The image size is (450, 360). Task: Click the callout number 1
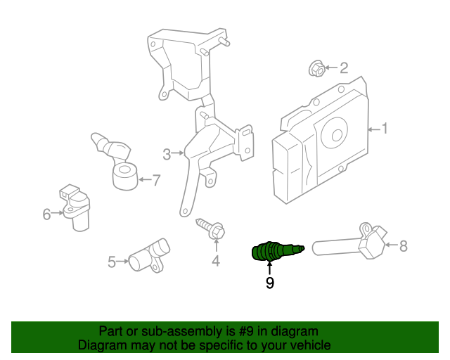[x=385, y=128]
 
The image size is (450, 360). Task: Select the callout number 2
[x=344, y=68]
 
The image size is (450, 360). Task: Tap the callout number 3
[x=167, y=154]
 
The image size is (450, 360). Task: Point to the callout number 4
[x=216, y=262]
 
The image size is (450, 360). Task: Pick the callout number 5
[x=112, y=262]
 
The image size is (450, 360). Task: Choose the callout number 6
[x=47, y=214]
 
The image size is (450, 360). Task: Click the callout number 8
[x=403, y=246]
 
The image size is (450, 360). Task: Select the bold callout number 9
[x=269, y=283]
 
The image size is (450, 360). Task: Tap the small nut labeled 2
[x=316, y=68]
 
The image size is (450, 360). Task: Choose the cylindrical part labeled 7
[x=126, y=176]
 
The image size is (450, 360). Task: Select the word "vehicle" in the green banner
[x=310, y=345]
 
